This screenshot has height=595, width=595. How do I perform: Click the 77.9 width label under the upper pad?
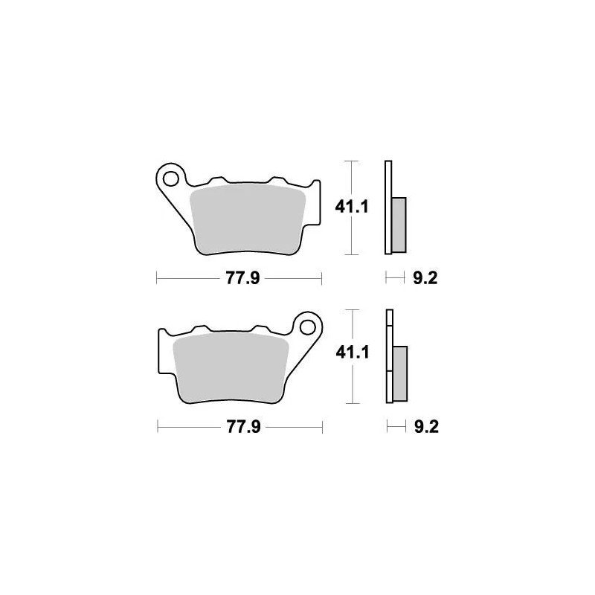click(239, 279)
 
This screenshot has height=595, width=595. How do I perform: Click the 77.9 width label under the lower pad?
click(239, 428)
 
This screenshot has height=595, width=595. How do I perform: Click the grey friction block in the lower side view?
click(399, 372)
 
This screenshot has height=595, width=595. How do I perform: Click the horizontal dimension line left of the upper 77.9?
click(186, 279)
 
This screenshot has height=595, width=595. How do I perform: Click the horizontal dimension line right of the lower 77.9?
click(294, 428)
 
